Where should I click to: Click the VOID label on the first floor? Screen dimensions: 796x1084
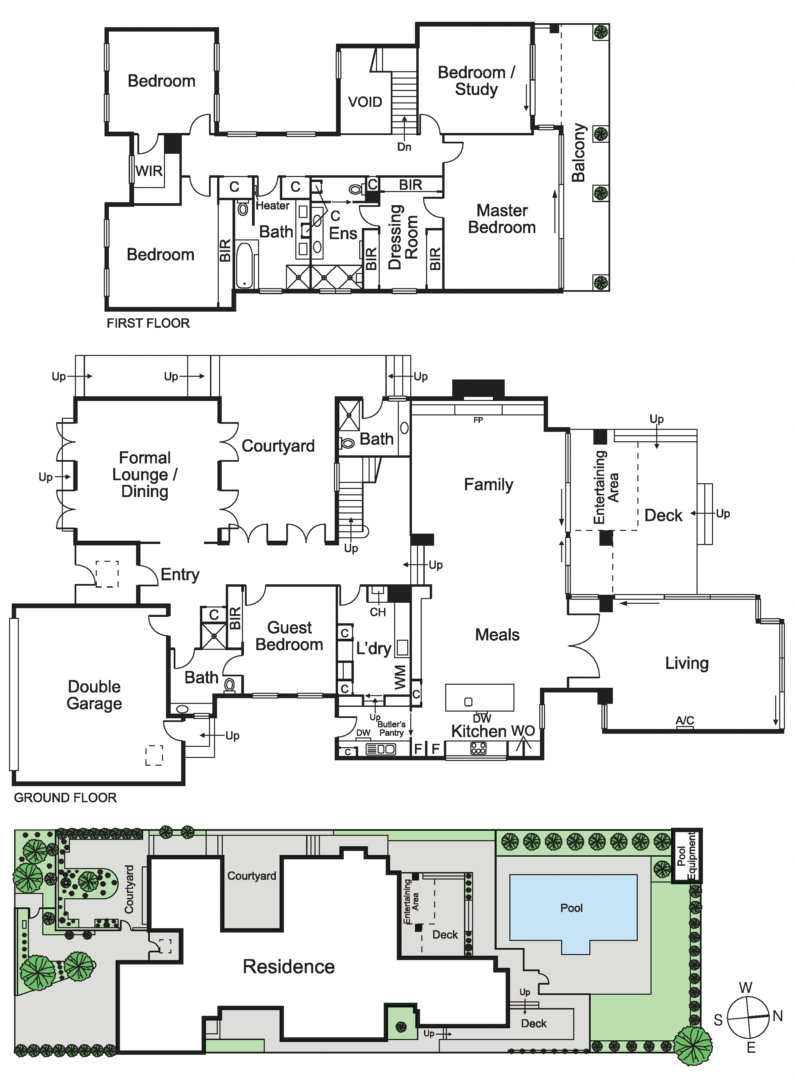click(x=365, y=102)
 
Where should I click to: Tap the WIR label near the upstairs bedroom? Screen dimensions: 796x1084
click(x=149, y=171)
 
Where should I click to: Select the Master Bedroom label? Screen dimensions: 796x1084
click(x=502, y=219)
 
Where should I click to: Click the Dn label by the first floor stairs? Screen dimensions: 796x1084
click(x=404, y=147)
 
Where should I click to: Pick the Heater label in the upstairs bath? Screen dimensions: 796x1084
click(x=273, y=206)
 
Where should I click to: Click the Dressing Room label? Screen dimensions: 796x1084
click(x=403, y=237)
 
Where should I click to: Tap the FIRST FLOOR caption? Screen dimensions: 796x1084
click(x=149, y=323)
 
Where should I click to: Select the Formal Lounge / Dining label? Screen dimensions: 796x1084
click(x=144, y=475)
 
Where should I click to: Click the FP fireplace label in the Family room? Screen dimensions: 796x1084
click(x=478, y=420)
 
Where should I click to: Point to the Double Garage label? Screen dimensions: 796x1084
click(x=94, y=695)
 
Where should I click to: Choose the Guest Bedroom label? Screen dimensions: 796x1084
click(x=289, y=636)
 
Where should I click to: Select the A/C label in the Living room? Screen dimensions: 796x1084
click(x=685, y=720)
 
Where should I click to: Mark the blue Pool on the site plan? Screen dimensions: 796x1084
click(x=573, y=910)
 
